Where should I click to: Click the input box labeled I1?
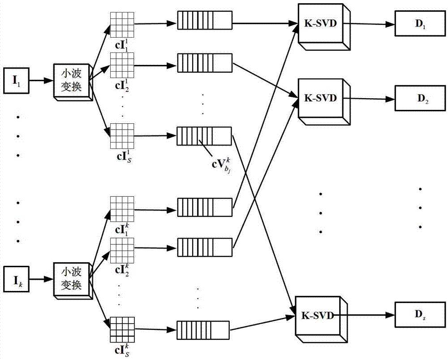(17, 81)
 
